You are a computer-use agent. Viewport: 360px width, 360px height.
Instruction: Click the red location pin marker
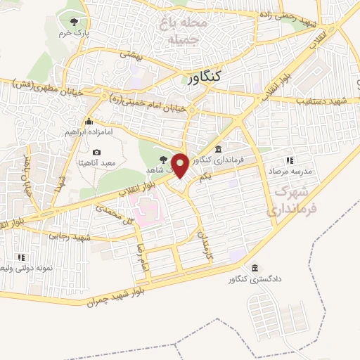click(180, 165)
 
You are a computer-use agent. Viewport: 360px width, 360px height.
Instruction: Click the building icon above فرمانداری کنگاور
click(219, 150)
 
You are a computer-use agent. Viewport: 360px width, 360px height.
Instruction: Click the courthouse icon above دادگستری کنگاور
click(254, 268)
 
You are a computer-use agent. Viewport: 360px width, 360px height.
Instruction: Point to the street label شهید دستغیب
click(323, 102)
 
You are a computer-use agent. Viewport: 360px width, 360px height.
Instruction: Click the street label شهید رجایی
click(70, 238)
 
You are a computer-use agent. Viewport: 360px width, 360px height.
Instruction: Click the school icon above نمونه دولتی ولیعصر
click(21, 257)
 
